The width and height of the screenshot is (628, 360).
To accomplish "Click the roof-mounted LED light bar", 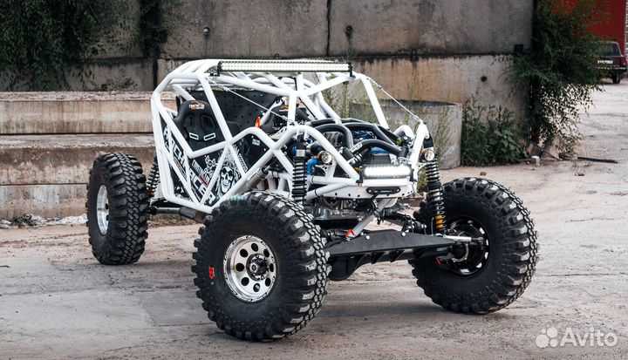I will pos(284,66).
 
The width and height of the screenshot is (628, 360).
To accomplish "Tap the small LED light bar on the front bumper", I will pos(386,173).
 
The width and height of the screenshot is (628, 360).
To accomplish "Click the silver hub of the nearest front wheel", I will pos(250,268).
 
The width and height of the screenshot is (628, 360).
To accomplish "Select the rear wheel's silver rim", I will pos(103,209).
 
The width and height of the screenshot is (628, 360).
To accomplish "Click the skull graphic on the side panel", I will pos(227,177).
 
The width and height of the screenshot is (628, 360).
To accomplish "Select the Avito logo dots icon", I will pos(548,338).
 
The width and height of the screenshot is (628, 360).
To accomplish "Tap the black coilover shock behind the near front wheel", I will pos(299,174).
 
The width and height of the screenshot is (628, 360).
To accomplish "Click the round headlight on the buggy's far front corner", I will pos(427,155).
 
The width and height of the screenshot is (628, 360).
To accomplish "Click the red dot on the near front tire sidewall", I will pos(211,272).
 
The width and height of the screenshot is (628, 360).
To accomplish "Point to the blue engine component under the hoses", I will pos(312,166).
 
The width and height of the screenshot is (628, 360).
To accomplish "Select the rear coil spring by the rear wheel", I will pos(154,178).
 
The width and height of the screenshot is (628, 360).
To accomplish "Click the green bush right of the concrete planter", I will pos(490,135).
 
